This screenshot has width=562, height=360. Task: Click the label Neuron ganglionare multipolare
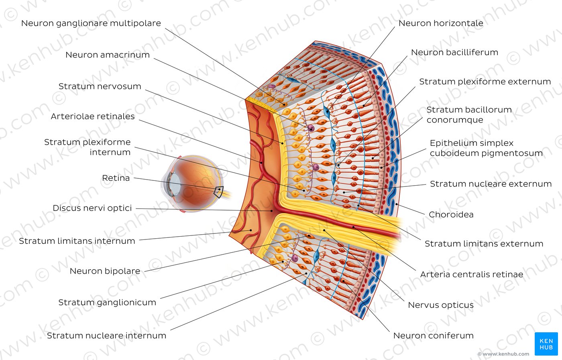pos(91,23)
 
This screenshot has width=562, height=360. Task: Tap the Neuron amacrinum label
pos(108,55)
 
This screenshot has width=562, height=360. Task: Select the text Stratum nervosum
pos(100,86)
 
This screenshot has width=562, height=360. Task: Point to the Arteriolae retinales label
pos(93,117)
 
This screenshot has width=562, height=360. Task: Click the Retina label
pos(116,178)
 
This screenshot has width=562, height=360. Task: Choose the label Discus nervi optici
pos(92,208)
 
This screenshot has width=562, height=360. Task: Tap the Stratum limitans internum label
pos(77,241)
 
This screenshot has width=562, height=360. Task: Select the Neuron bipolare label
pos(105,271)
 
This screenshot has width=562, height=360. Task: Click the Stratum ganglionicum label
pos(107,303)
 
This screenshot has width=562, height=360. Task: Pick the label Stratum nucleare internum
pos(107,335)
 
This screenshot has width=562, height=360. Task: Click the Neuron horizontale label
pos(441,23)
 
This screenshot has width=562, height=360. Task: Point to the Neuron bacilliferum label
pos(454,52)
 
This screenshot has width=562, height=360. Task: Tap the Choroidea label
pos(451,215)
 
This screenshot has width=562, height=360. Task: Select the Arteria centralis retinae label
pos(472,274)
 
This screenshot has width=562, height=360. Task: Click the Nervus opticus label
pos(441,305)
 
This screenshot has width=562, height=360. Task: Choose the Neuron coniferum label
pos(434,335)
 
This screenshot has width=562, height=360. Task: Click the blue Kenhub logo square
pos(546,344)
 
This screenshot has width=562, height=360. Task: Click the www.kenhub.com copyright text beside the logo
pos(503,354)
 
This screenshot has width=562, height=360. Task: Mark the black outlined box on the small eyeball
pos(218,192)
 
